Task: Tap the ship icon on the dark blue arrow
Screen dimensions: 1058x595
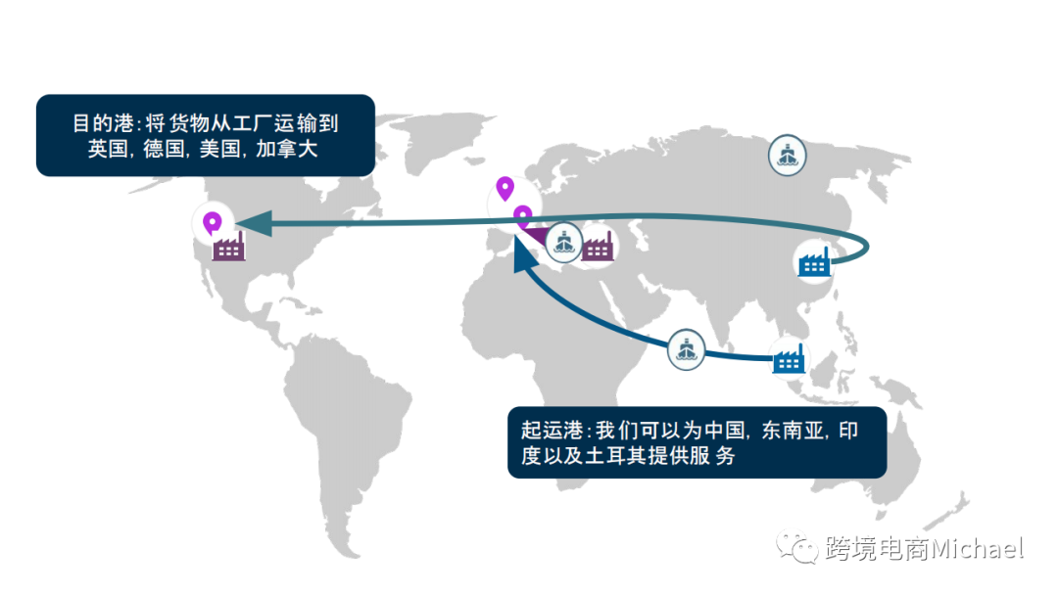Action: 687,349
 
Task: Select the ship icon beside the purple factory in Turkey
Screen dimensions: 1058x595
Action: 563,242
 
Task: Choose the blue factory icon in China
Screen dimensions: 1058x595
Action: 814,261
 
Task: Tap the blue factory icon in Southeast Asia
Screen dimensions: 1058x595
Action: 788,358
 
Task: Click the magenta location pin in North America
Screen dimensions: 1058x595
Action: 211,224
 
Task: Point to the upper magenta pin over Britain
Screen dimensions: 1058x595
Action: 505,187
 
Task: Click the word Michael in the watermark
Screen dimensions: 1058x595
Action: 976,548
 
